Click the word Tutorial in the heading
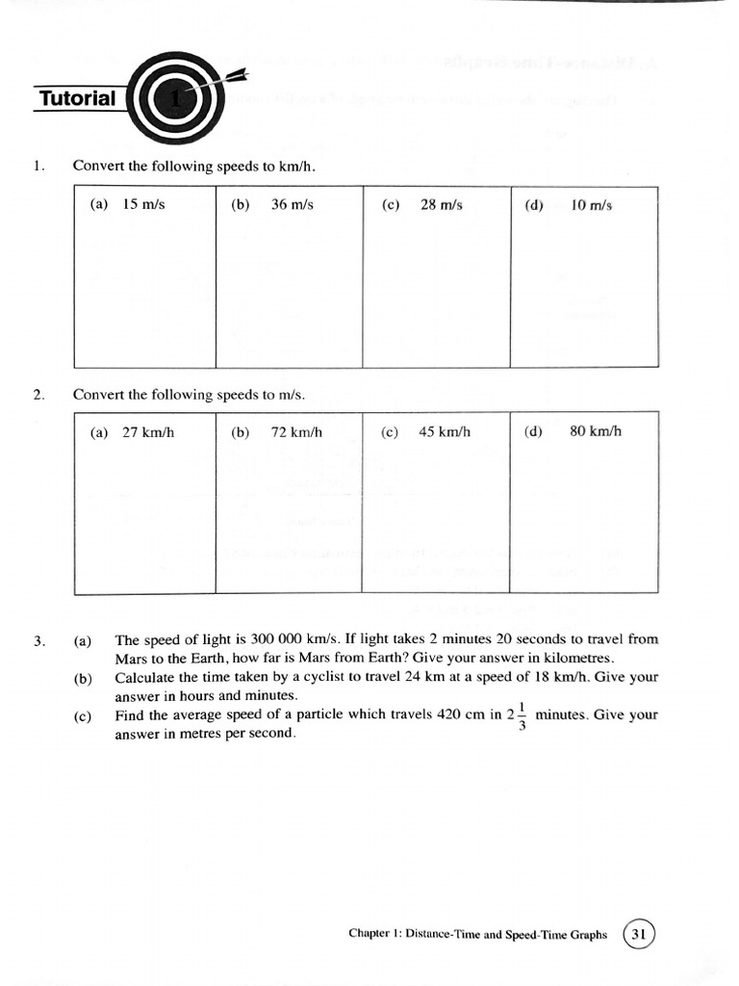77,98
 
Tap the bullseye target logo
175,98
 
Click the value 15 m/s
143,205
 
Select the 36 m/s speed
292,205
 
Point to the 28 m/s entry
441,205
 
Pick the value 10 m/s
591,206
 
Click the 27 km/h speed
147,432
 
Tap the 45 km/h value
445,432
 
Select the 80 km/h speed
595,431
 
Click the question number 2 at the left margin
38,395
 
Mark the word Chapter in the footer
371,935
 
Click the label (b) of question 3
83,678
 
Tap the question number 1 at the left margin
38,167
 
